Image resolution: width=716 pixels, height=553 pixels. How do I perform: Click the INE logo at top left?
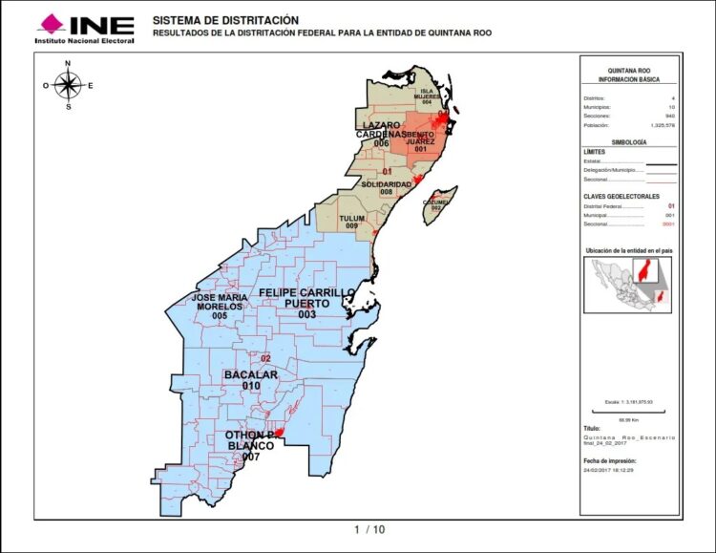point(84,28)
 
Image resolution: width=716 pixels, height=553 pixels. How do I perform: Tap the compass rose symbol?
point(68,85)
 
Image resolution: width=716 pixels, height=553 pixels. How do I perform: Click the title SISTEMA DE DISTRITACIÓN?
point(225,20)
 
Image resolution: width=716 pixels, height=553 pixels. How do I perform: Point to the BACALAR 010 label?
point(250,379)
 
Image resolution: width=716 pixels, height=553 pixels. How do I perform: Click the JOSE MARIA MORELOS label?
point(219,306)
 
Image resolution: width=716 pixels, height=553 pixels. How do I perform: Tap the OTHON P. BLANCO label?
point(251,446)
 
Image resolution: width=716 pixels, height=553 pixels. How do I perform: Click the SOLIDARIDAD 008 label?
point(386,187)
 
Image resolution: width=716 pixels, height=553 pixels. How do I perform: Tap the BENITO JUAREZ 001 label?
point(420,141)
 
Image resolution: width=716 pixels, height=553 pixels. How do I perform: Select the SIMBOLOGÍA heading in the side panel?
point(629,141)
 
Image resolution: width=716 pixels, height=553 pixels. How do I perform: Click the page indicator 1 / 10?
point(369,529)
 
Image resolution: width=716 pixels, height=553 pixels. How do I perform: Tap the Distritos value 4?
point(673,98)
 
